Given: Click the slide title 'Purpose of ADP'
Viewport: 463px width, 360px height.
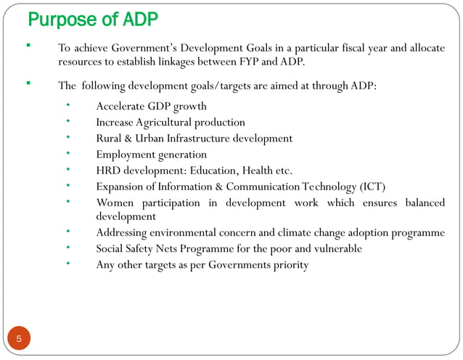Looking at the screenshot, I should pos(92,19).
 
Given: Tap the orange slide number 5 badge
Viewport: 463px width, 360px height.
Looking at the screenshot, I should pos(20,339).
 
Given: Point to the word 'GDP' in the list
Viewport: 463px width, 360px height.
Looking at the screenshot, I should pos(161,106).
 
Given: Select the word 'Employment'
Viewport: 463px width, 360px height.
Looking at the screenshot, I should pos(125,154).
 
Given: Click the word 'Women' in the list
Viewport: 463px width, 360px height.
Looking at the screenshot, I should pos(115,202).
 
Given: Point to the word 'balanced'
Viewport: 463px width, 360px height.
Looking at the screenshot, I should pos(425,202).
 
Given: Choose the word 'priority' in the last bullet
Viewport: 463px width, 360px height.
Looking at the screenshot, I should pos(289,265).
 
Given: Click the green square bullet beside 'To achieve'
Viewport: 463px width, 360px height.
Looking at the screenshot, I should pos(28,46).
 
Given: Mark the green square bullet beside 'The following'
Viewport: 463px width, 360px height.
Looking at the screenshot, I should pos(28,83).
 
